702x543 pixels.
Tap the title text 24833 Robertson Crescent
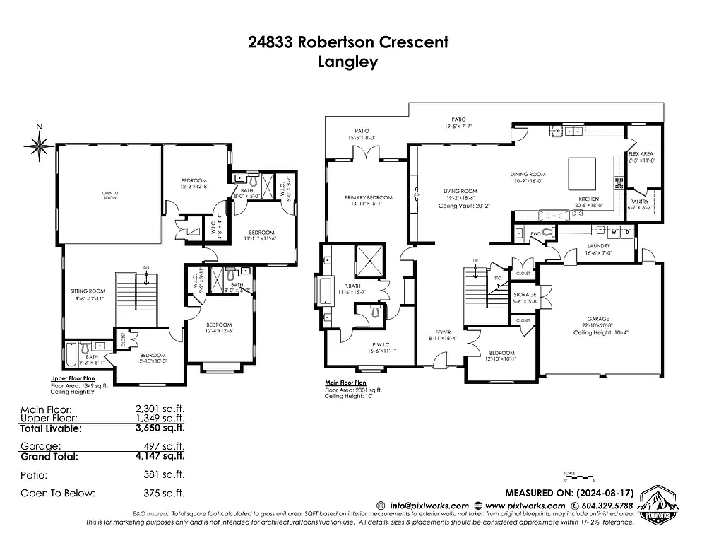tap(348, 42)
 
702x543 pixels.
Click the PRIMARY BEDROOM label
tap(368, 197)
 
